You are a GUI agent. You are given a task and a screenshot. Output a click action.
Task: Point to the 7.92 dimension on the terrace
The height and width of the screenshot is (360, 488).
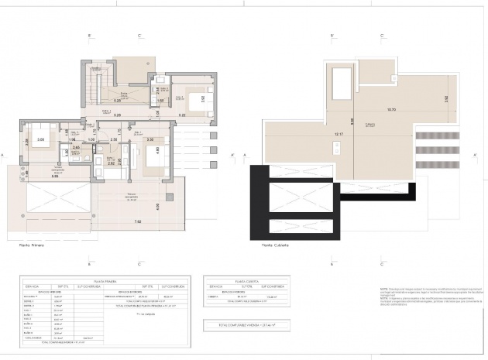tap(136, 222)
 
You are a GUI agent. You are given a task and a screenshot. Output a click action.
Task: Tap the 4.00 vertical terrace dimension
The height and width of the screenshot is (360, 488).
tap(158, 206)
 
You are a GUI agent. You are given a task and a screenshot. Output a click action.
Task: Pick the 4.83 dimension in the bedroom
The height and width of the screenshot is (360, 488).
tap(158, 150)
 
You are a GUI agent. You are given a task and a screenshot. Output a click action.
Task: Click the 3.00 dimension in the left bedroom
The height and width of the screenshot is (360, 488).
tap(41, 140)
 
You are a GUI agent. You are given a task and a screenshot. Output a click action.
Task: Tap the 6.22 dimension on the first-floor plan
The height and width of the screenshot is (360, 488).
tap(181, 115)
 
